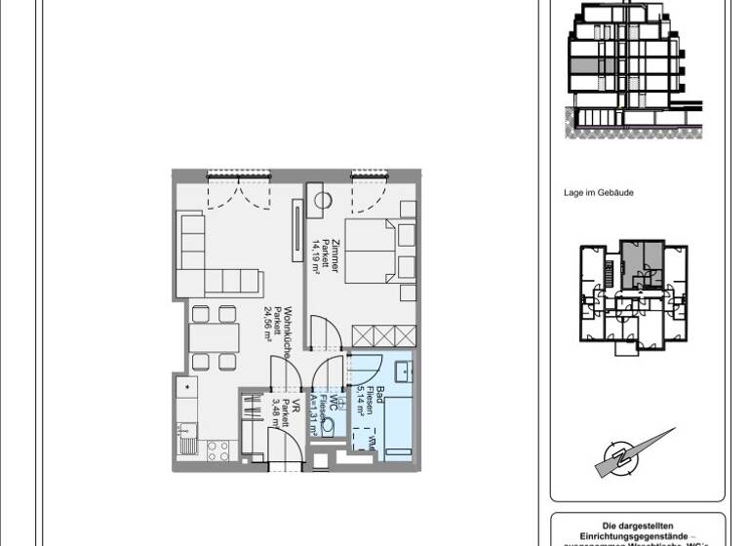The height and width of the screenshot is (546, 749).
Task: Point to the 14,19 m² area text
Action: click(x=315, y=256)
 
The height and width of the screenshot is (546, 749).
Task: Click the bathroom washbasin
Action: click(x=402, y=371)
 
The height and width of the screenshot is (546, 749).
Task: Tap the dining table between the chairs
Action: click(x=214, y=337)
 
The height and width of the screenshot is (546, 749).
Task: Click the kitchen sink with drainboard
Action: click(x=183, y=429)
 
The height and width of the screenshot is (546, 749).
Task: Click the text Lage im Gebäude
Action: click(x=598, y=193)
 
